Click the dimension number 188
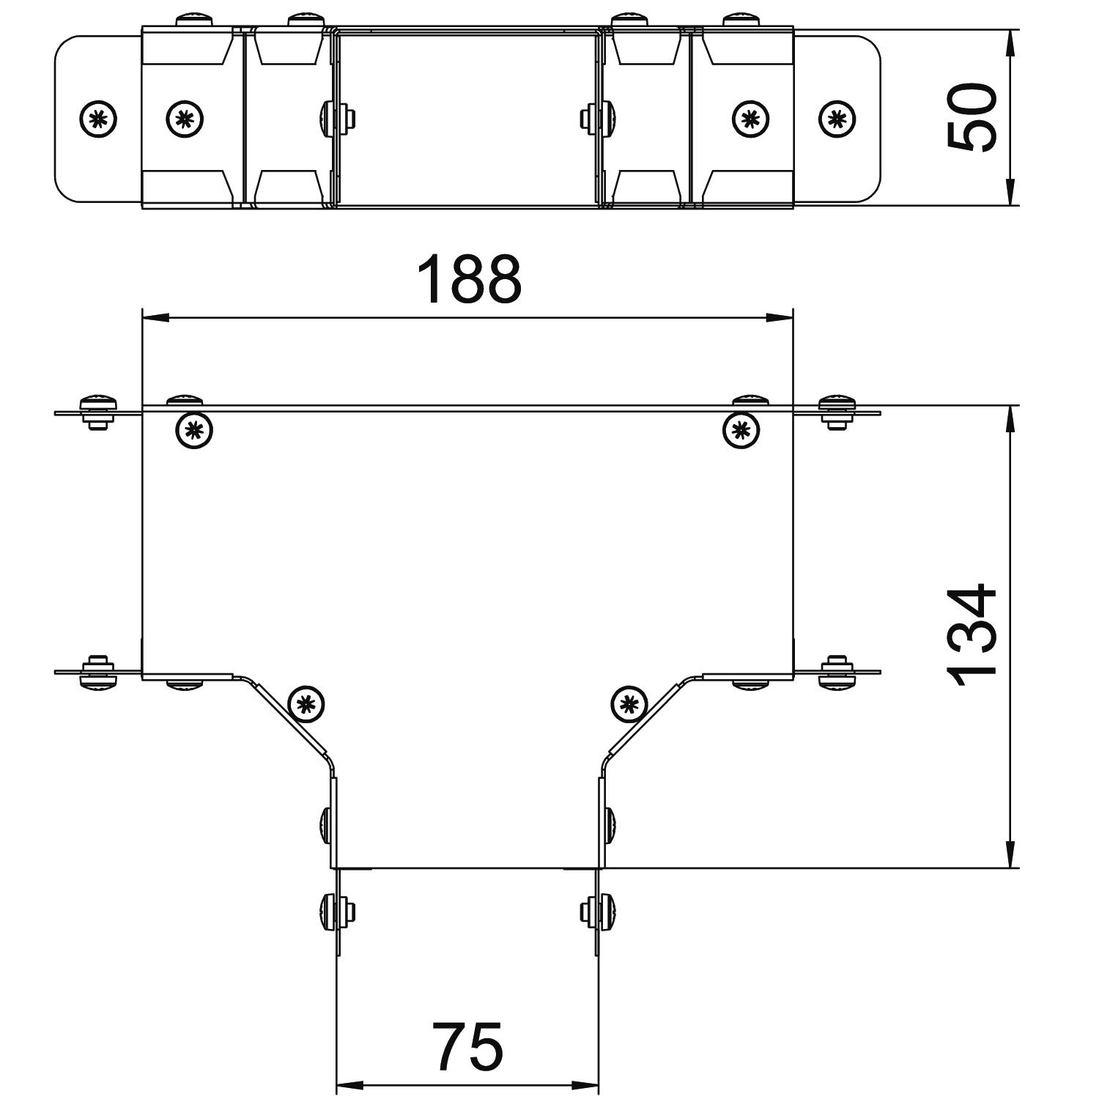point(469,279)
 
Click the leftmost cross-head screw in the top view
point(98,117)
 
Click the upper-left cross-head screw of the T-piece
point(194,429)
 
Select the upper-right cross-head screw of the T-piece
point(741,429)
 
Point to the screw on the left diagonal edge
point(307,705)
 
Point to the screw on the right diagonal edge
point(629,705)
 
